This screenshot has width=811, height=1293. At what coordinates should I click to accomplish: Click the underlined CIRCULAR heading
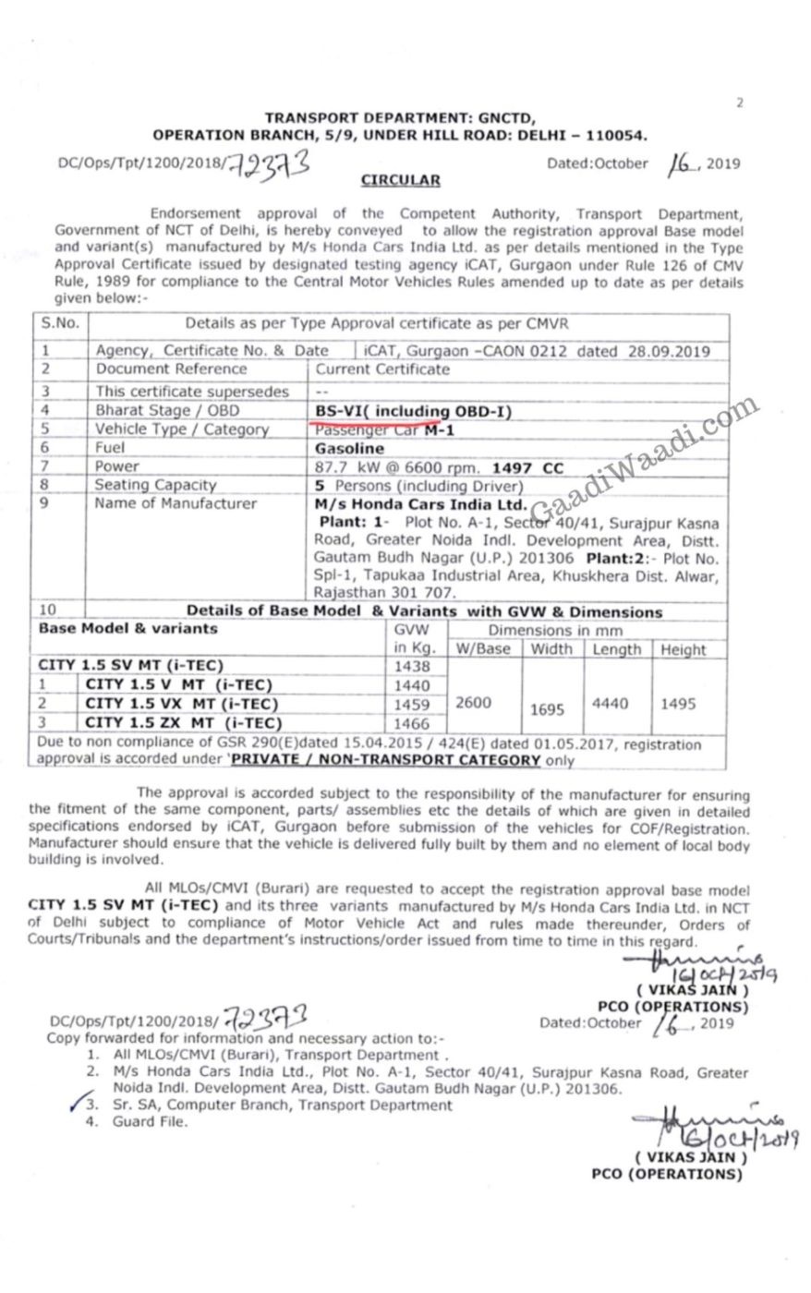400,181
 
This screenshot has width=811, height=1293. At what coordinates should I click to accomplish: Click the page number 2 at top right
740,103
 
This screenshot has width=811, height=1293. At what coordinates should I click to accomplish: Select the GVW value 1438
412,666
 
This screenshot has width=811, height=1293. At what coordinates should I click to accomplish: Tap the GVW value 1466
412,723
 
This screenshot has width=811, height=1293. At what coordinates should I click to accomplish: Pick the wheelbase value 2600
474,703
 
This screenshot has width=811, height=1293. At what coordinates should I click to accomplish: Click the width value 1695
548,709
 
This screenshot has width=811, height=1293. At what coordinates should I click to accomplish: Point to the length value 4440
610,704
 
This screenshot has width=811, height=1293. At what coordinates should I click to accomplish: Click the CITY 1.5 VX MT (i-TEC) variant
184,704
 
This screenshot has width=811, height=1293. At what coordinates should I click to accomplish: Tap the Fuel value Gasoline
349,448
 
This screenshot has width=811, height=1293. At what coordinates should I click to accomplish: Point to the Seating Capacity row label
155,485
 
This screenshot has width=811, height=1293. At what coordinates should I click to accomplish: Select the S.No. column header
60,323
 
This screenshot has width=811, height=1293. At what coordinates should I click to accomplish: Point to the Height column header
683,649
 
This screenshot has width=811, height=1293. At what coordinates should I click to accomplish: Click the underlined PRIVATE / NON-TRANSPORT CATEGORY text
385,761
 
